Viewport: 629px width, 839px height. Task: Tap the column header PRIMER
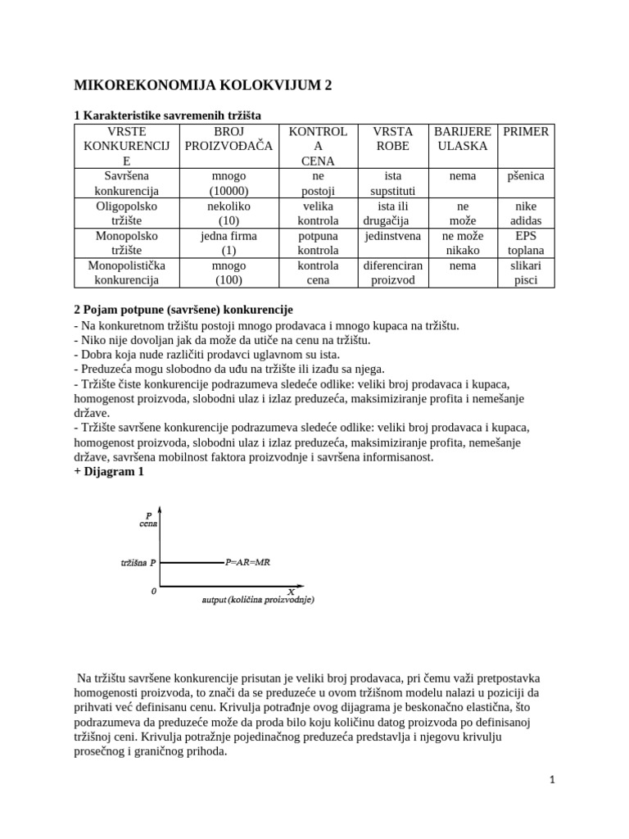point(525,131)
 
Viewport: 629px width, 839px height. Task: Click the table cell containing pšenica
point(525,176)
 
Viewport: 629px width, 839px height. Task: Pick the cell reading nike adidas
point(525,214)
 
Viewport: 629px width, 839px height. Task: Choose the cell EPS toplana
point(525,243)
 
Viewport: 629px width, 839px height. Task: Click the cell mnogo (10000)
point(230,184)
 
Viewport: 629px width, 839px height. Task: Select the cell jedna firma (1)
point(230,243)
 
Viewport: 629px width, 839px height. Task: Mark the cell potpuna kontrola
point(318,243)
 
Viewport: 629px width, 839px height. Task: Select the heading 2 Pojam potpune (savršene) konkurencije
point(183,310)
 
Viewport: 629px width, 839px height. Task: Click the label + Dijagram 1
point(109,471)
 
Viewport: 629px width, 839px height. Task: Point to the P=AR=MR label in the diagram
point(249,563)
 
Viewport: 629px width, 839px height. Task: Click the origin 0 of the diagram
point(153,591)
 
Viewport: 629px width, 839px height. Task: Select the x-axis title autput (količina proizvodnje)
point(258,600)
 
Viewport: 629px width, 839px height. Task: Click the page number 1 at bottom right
point(552,780)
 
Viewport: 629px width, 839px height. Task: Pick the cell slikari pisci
point(525,273)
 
